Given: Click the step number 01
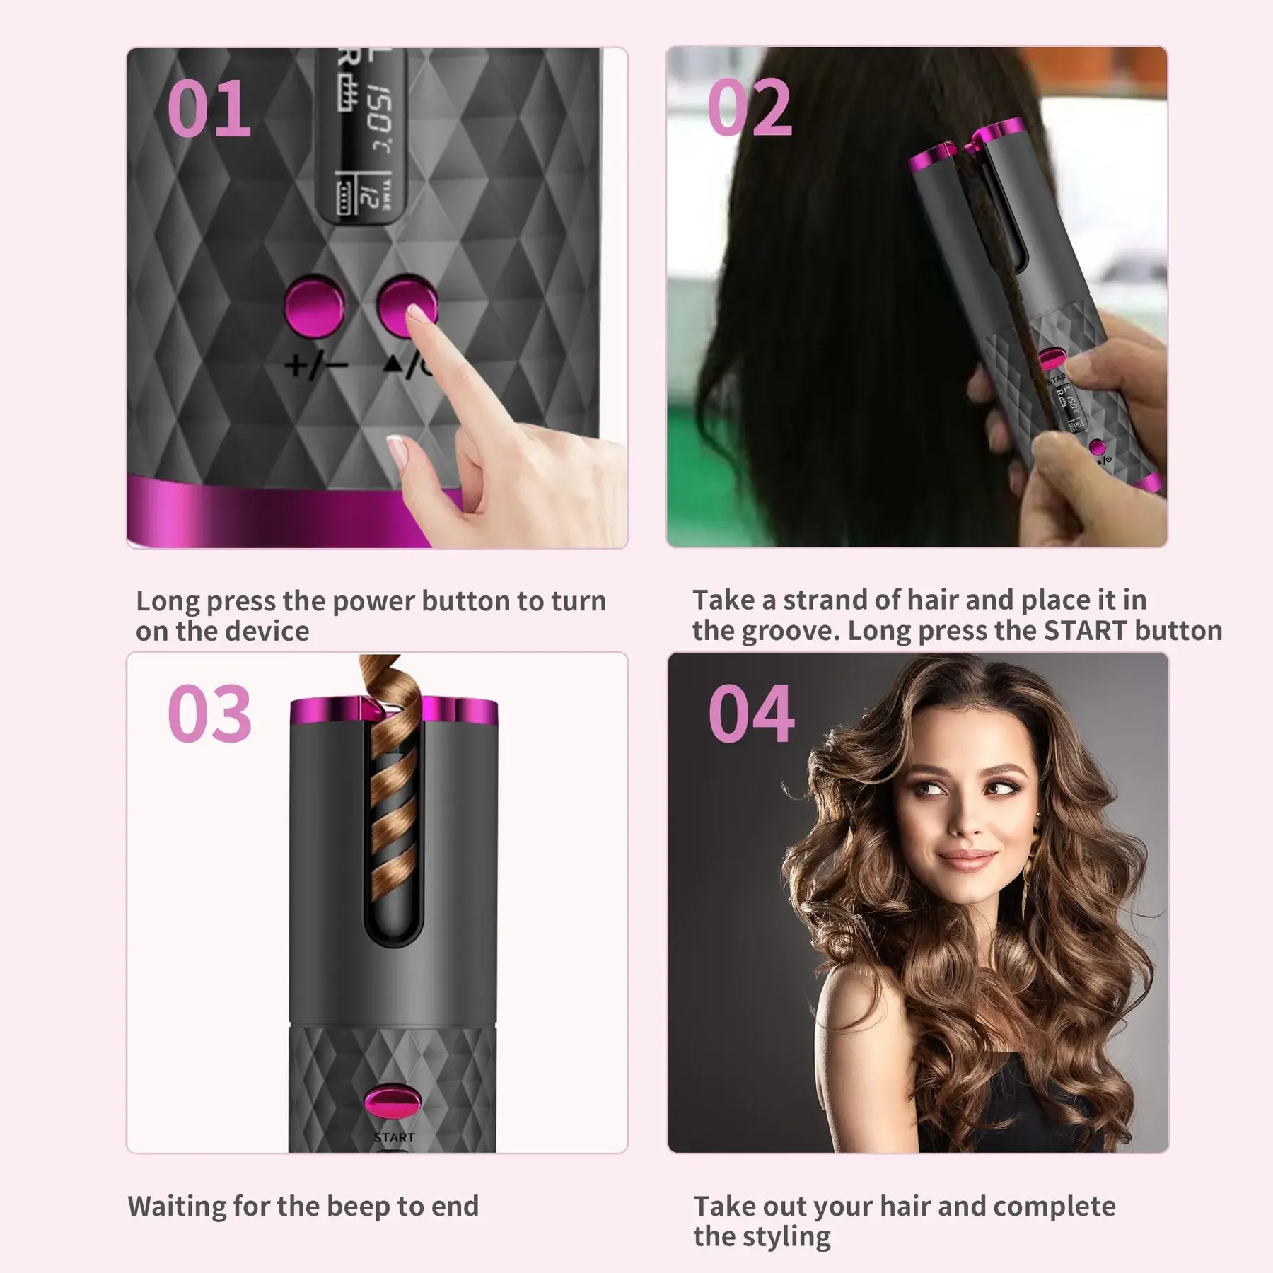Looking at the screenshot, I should click(209, 110).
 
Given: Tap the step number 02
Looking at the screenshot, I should click(750, 107).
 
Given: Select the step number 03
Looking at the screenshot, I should click(210, 714).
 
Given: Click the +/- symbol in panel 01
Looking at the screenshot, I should click(316, 366).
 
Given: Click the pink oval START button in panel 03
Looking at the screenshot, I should click(393, 1103).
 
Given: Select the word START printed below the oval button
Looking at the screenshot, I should click(394, 1138).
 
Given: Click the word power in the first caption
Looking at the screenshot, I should click(373, 601).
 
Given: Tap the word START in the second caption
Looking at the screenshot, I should click(1085, 631).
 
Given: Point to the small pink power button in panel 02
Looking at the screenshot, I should click(1097, 447).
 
